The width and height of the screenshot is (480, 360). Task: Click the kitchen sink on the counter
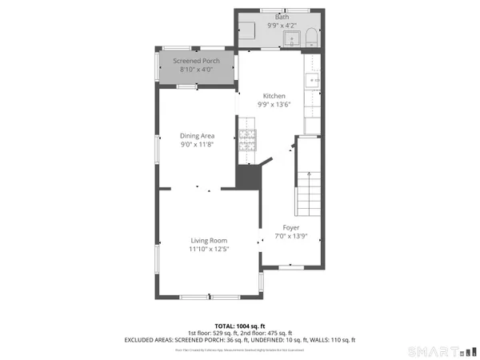point(313,79)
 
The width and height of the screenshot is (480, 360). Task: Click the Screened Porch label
point(196,61)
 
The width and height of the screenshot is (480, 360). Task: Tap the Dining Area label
point(196,136)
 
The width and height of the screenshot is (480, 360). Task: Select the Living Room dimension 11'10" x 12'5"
point(209,250)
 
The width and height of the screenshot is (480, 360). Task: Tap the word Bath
point(282,16)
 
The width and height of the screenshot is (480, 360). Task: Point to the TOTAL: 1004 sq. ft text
point(240,326)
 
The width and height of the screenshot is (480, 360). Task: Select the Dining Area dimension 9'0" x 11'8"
point(196,145)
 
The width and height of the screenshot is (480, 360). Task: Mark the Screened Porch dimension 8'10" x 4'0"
point(196,70)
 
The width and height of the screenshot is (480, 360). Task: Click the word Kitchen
point(274,96)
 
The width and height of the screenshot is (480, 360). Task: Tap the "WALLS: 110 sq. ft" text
point(330,340)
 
